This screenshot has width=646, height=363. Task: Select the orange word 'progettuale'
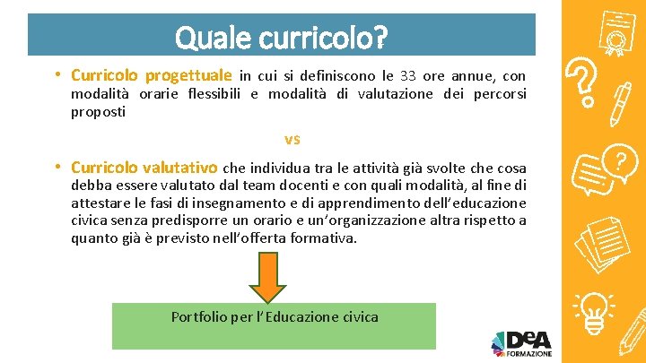tap(189, 76)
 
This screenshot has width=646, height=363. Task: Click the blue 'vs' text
tap(292, 139)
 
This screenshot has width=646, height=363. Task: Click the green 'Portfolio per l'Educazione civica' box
tap(274, 325)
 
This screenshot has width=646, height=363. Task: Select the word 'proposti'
tap(99, 113)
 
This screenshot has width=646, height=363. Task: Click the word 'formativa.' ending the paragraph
tap(325, 238)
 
